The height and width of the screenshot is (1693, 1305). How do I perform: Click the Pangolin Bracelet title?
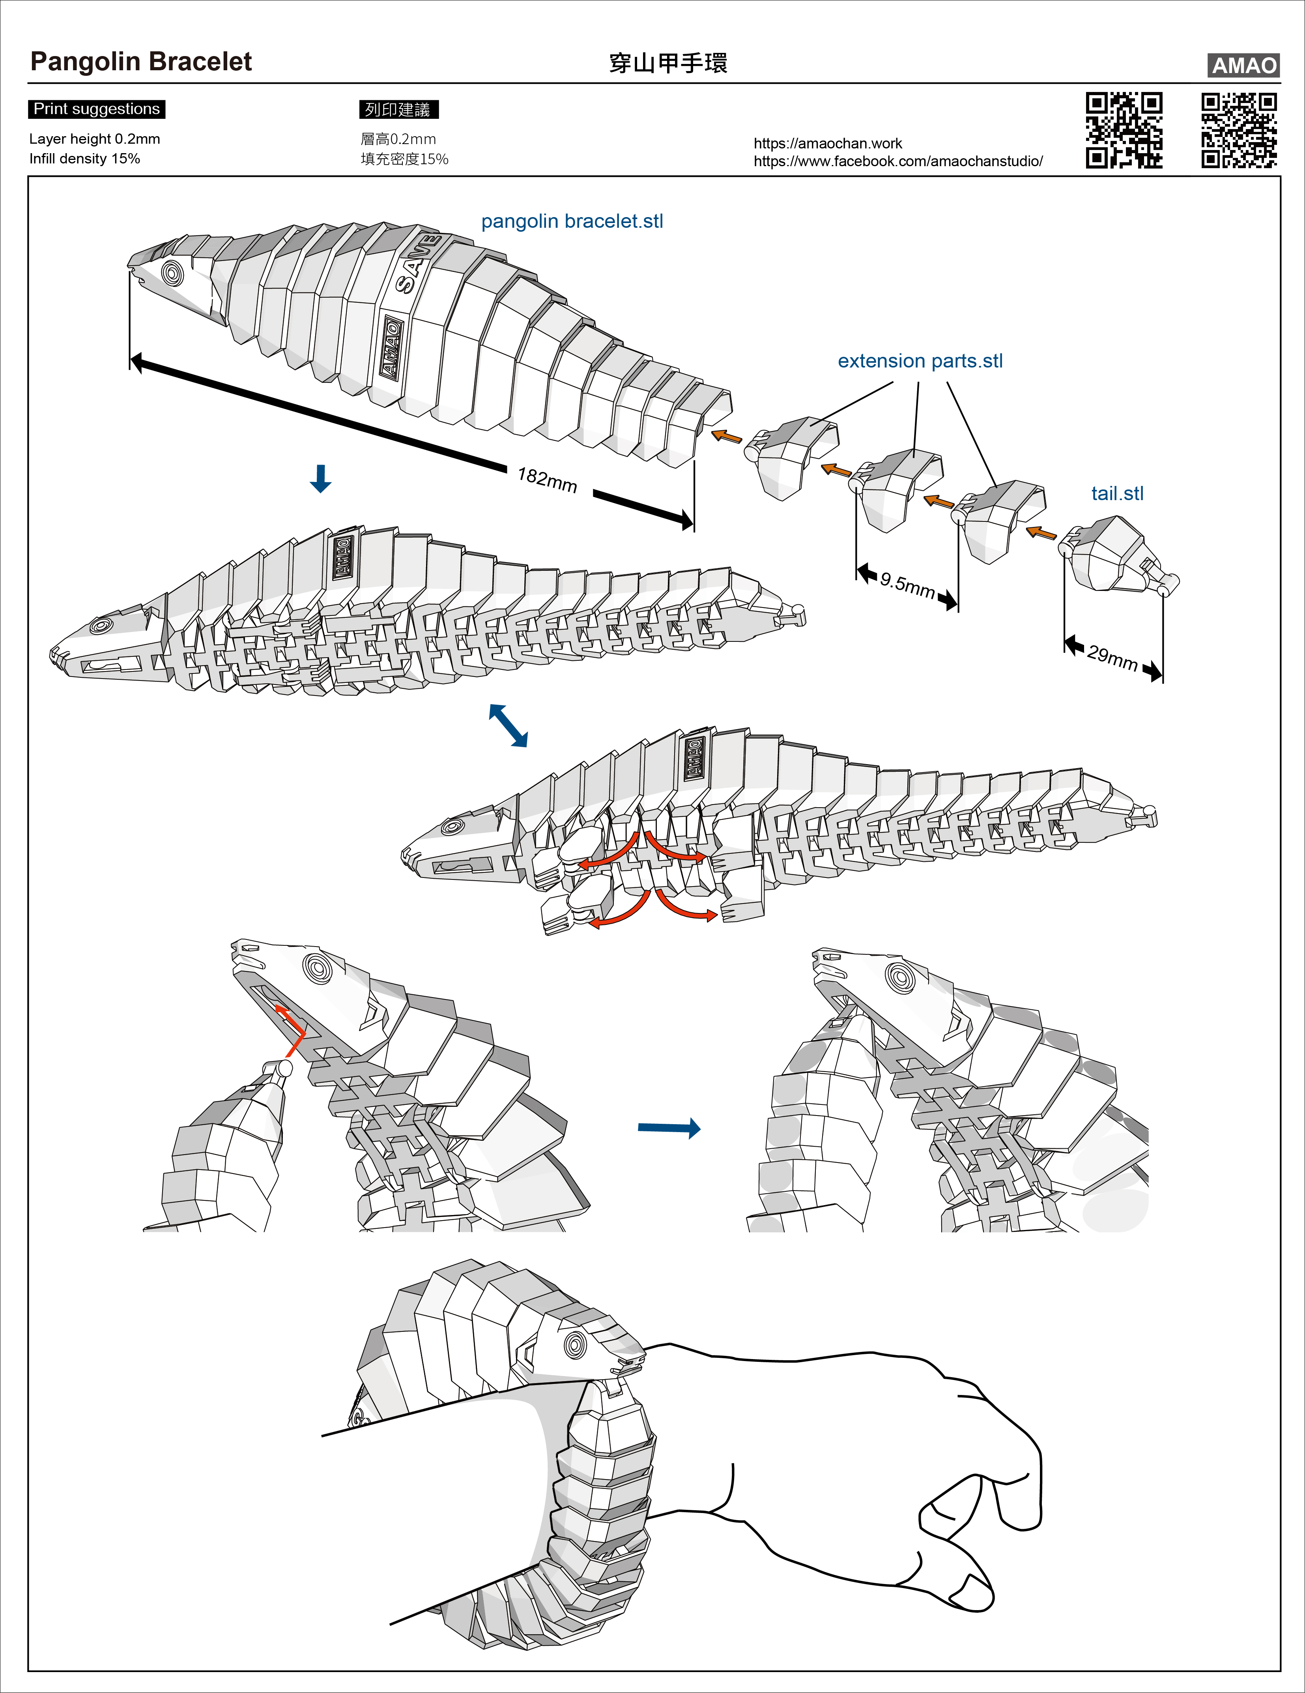(141, 62)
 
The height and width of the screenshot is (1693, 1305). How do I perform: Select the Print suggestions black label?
(97, 109)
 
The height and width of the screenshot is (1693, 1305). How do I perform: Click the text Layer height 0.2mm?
(95, 139)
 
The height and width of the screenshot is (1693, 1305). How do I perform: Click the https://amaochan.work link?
(828, 143)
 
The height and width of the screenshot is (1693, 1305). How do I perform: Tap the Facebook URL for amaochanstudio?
(898, 161)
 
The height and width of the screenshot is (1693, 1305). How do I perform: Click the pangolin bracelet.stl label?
(572, 222)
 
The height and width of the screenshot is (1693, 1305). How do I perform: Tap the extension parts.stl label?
(920, 361)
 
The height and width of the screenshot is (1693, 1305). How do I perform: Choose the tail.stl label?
(1117, 494)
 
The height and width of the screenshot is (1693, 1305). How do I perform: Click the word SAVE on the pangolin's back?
(417, 264)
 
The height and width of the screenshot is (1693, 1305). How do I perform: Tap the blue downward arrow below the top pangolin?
(320, 479)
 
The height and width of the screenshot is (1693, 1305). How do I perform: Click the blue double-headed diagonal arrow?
(509, 725)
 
